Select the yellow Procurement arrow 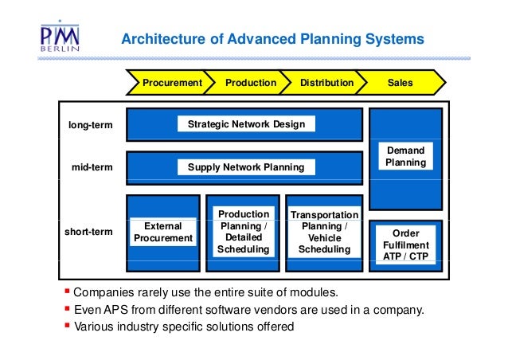click(x=170, y=82)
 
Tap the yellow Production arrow click(x=250, y=82)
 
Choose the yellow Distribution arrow click(x=326, y=82)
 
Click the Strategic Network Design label click(x=245, y=124)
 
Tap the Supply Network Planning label click(x=245, y=167)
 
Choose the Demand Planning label click(x=405, y=156)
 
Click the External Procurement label click(x=163, y=232)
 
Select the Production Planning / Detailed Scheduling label click(x=243, y=232)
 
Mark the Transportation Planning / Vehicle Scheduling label click(x=324, y=233)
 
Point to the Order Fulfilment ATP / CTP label click(x=406, y=245)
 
